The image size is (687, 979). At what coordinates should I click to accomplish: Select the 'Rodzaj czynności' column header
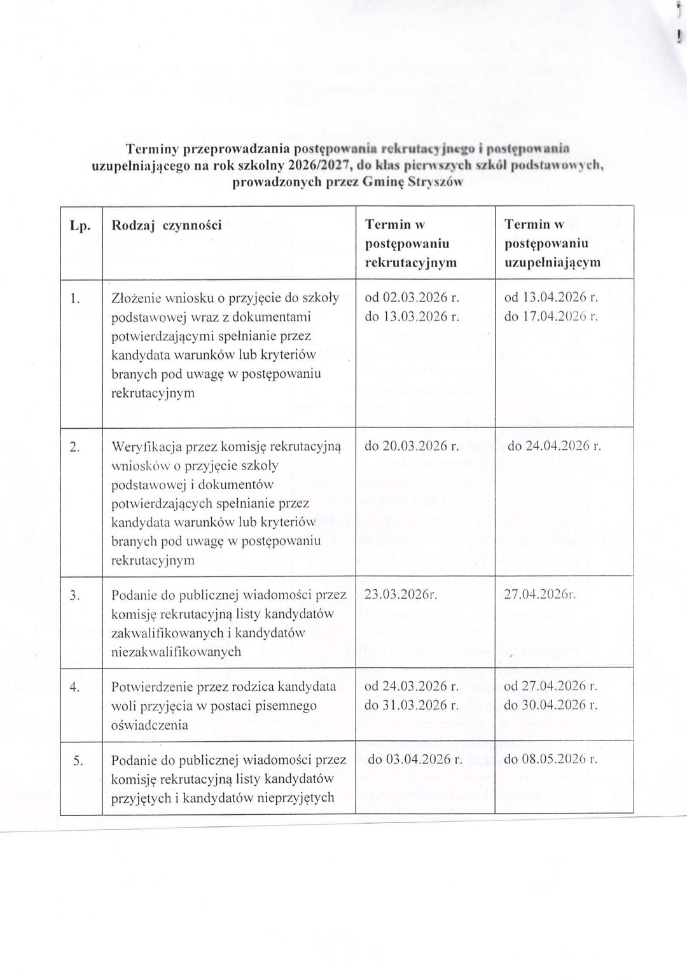click(166, 225)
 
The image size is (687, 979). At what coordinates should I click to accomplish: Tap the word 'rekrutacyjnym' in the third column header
click(411, 262)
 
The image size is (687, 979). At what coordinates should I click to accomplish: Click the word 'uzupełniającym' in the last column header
click(552, 262)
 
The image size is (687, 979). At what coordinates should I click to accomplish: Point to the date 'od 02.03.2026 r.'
click(412, 297)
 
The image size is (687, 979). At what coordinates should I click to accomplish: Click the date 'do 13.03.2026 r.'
click(412, 316)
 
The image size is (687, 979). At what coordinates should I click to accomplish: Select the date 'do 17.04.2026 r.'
click(551, 316)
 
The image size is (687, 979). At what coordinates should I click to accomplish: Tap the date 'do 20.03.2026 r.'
click(412, 446)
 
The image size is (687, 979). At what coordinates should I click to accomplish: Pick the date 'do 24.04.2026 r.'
click(554, 446)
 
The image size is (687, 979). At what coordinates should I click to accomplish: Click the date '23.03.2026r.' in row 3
click(400, 595)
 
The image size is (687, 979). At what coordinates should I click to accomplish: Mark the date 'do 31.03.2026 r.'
click(412, 705)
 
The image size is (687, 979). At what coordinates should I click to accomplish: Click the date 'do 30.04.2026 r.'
click(551, 705)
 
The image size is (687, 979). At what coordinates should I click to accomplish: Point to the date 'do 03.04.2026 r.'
click(415, 759)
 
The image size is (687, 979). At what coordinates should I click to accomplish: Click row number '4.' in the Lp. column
click(74, 687)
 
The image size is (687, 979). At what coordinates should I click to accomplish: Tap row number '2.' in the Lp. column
click(74, 447)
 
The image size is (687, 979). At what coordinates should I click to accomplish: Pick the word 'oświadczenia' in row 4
click(149, 725)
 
